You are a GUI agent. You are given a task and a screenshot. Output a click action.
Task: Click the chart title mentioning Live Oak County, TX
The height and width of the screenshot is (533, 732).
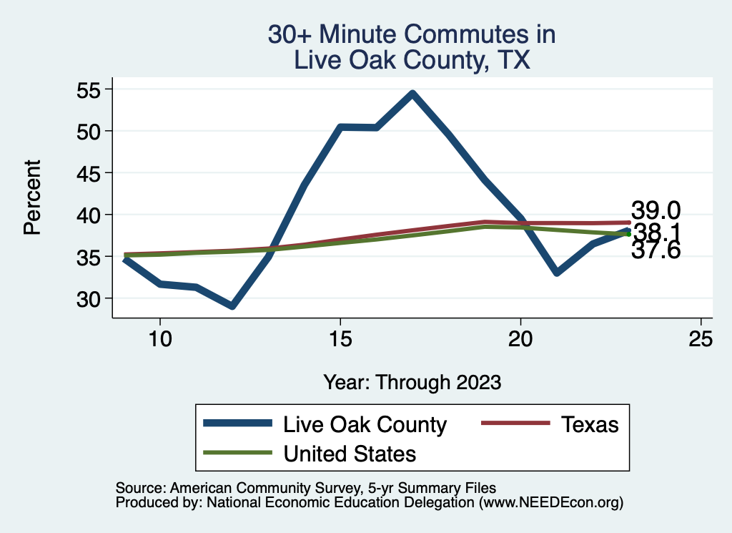click(411, 47)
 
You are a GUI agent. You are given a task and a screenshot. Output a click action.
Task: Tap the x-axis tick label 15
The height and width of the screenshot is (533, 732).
click(340, 338)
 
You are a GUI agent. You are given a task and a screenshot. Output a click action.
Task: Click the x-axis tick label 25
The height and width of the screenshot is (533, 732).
click(701, 338)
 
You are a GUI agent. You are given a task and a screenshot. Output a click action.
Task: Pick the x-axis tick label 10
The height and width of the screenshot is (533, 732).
click(159, 338)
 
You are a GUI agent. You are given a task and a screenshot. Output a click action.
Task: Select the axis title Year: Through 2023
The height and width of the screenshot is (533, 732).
click(412, 381)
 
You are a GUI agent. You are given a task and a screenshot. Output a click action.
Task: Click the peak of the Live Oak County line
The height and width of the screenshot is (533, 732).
click(412, 93)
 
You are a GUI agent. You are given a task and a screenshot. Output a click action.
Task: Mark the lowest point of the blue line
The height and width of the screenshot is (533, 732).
click(232, 306)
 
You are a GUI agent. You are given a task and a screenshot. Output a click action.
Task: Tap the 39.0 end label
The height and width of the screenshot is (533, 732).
click(655, 211)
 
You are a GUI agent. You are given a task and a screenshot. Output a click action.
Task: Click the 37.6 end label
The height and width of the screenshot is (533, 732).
click(655, 250)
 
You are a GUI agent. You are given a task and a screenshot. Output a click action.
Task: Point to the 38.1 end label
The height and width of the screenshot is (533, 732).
click(656, 233)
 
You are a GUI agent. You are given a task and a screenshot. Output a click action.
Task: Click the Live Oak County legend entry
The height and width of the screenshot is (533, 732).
click(365, 424)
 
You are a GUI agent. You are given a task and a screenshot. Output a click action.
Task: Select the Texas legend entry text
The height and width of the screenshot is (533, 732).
click(590, 424)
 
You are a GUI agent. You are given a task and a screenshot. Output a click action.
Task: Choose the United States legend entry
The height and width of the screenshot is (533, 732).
click(350, 453)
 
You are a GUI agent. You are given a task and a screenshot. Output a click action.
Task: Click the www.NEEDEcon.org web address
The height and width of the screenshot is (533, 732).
click(550, 503)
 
